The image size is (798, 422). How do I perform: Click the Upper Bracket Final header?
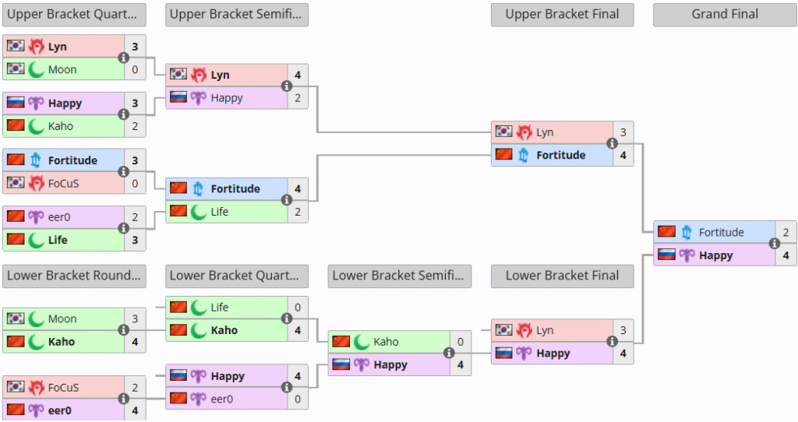point(563,15)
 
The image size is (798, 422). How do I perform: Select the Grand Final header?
point(725,15)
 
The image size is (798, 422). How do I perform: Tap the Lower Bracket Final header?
point(563,276)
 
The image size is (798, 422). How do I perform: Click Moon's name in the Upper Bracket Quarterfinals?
point(62,69)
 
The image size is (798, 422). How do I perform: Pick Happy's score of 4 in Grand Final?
point(786,255)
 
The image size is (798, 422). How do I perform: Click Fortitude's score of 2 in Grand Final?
point(786,232)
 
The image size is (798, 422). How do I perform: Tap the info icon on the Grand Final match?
point(775,244)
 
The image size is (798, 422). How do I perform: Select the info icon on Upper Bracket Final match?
point(613,143)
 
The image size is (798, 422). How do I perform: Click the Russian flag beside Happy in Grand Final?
point(667,255)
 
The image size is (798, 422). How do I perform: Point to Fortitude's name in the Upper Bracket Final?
point(561,155)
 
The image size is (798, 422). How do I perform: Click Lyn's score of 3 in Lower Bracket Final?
point(623,330)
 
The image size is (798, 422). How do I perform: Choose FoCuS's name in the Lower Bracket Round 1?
point(64,388)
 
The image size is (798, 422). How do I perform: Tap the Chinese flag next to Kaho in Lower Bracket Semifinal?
point(341,341)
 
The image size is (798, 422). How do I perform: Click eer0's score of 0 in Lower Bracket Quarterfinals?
point(298,399)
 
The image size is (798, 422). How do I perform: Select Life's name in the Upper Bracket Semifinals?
point(220,212)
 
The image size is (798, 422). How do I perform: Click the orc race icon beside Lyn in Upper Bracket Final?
point(524,132)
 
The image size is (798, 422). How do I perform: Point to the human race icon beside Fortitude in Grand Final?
point(687,232)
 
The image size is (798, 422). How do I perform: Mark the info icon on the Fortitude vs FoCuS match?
point(124,172)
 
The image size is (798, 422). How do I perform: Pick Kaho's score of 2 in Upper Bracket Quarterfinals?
point(135,126)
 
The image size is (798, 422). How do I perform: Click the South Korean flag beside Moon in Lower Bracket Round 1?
point(16,318)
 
